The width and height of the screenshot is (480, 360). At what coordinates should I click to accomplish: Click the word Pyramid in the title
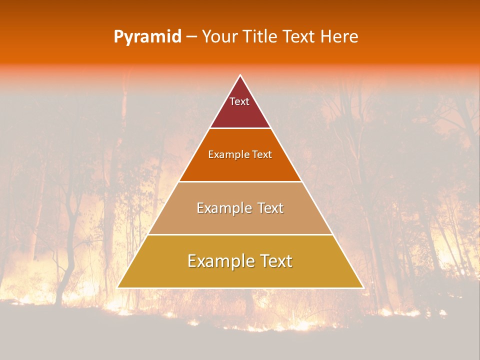pos(147,37)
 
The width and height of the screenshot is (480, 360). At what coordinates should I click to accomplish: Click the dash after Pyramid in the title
pos(191,37)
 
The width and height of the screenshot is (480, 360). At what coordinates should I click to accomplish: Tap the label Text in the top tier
pos(239,101)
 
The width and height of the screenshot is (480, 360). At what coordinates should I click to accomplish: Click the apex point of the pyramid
pos(240,76)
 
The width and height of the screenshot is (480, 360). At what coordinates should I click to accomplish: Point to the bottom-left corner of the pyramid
pos(118,287)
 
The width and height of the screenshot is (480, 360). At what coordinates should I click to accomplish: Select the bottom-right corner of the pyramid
pos(362,287)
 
